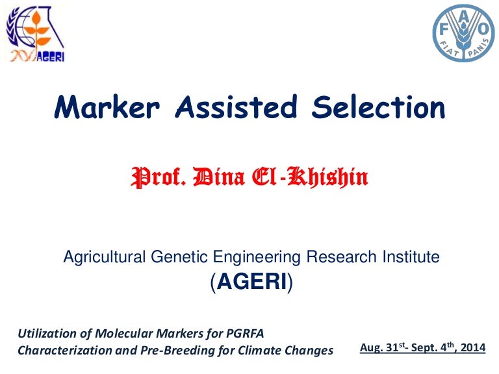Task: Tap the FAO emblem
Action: [463, 32]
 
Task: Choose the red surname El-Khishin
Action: [311, 176]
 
